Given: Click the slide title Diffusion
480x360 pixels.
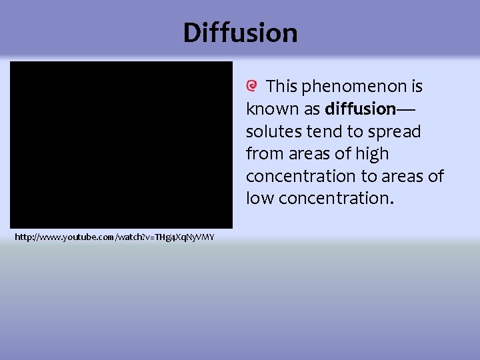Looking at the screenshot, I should (240, 32).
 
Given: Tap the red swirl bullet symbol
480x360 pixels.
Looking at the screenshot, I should (252, 86).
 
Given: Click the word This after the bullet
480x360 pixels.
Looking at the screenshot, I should (282, 87).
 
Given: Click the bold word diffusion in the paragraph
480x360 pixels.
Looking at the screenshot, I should (360, 109).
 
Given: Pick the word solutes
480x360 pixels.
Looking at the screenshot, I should (272, 131).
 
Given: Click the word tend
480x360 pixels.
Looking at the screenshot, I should (320, 131).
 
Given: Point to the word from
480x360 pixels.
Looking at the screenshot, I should (265, 154).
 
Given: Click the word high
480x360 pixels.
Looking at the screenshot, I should (372, 154).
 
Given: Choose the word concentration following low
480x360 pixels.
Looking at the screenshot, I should (334, 198).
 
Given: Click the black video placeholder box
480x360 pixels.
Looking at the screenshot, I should (121, 145).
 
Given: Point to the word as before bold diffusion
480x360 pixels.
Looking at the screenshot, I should (313, 109).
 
